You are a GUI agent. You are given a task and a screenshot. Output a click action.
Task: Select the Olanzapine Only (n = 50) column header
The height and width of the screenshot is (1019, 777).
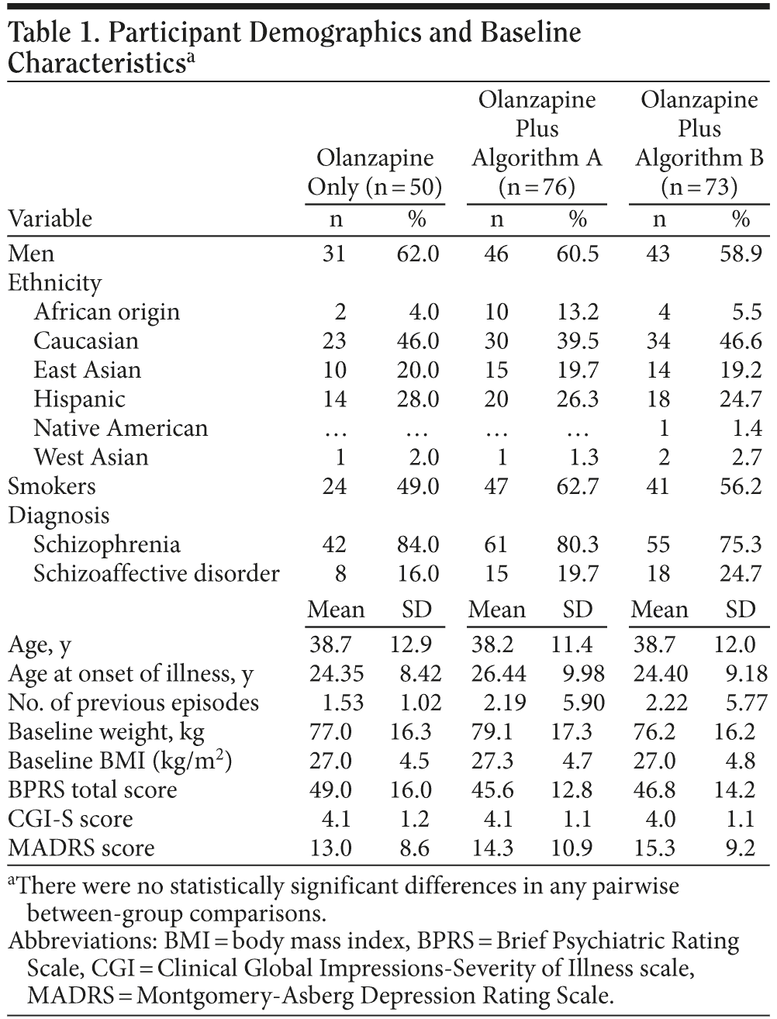tap(375, 173)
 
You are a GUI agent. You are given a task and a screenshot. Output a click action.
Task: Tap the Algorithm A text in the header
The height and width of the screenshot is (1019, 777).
tap(537, 158)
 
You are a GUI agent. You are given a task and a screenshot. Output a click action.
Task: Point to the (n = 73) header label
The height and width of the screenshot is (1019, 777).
tap(699, 188)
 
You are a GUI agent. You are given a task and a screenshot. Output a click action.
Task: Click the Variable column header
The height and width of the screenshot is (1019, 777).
tap(50, 219)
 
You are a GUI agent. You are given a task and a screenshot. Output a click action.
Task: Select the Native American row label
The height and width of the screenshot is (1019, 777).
tap(120, 428)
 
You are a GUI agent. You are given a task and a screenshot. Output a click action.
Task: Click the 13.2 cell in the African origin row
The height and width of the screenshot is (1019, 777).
tap(578, 312)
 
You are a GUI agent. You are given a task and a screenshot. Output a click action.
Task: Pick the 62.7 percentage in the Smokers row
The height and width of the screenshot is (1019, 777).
tap(578, 486)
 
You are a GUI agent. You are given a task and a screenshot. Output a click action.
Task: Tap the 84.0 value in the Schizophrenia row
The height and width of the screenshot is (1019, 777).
tap(418, 544)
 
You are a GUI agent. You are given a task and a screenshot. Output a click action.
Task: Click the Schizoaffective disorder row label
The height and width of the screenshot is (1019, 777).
tap(156, 573)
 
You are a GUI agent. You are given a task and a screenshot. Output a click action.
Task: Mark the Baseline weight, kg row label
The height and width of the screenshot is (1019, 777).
tap(106, 731)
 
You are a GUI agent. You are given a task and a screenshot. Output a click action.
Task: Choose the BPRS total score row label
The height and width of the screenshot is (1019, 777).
tap(92, 789)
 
